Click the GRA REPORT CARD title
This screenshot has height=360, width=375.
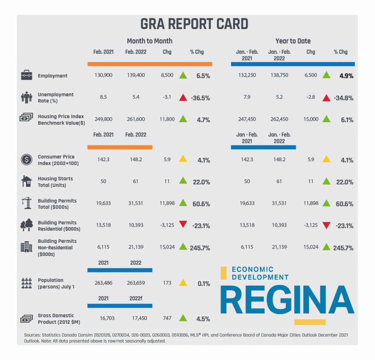(194, 24)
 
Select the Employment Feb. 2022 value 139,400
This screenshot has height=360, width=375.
(135, 75)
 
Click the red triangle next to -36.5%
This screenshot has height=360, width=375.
(183, 97)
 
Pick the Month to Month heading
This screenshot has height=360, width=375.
(150, 41)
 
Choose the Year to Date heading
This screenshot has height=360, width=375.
(293, 41)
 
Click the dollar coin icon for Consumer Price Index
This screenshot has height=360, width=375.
(26, 160)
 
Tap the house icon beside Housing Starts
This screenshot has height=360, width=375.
(26, 181)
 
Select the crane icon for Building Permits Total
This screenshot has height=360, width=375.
(26, 204)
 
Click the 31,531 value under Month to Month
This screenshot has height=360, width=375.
(135, 203)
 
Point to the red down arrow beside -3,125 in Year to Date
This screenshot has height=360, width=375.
(327, 225)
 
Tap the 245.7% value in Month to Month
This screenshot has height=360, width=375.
(200, 248)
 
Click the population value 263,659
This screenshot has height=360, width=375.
(135, 283)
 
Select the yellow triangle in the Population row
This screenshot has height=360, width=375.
(183, 283)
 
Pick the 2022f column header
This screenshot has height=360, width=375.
(135, 298)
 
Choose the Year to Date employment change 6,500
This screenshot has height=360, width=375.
(310, 75)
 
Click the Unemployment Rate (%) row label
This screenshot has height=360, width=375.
(55, 97)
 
